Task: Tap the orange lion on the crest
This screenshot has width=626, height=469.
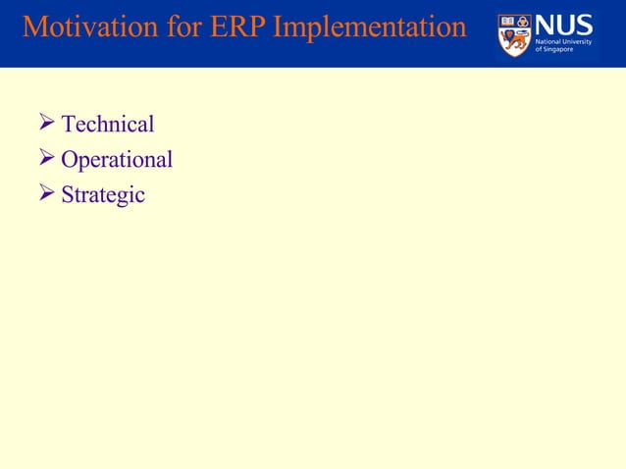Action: coord(514,42)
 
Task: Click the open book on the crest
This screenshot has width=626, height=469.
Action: coord(507,22)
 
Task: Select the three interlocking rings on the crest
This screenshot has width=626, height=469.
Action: coord(522,22)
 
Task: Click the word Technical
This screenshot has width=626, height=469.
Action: coord(108,125)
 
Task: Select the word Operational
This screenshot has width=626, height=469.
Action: coord(117,160)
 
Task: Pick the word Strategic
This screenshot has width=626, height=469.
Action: coord(103,195)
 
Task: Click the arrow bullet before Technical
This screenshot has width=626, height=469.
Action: coord(43,124)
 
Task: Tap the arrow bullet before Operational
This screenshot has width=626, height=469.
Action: coord(43,159)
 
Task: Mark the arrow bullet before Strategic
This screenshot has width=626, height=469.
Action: coord(43,194)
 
